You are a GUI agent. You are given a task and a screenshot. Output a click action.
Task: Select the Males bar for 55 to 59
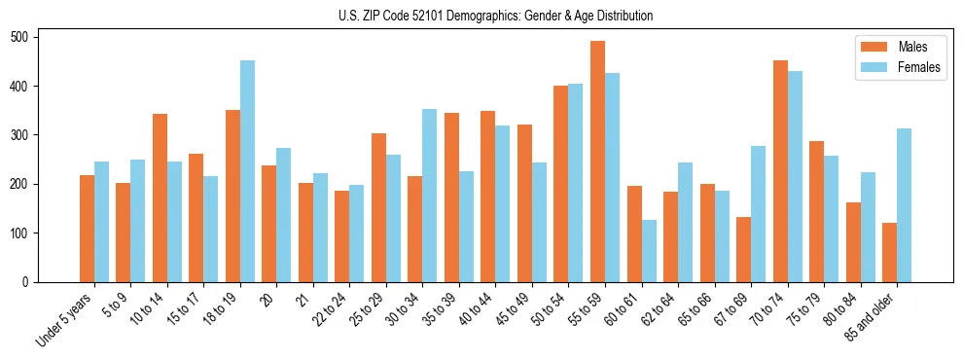pyautogui.click(x=597, y=162)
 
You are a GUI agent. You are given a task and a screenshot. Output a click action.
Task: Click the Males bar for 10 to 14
pyautogui.click(x=160, y=198)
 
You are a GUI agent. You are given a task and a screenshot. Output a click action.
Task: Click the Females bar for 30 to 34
pyautogui.click(x=429, y=196)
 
